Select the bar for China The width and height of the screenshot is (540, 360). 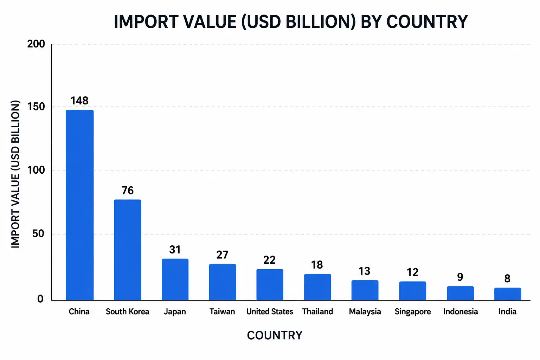[79, 205]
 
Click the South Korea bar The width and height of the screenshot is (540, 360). [128, 250]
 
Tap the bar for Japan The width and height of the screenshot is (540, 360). [175, 279]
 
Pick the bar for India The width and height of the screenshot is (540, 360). [508, 294]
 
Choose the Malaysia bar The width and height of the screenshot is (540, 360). [365, 290]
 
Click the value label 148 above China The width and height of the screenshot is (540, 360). [79, 101]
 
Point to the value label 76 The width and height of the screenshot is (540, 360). [128, 191]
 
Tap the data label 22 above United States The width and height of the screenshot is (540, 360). [269, 260]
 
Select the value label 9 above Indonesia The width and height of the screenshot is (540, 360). [460, 277]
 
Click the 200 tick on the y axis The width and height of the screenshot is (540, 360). [36, 44]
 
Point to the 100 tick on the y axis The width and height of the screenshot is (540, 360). [36, 170]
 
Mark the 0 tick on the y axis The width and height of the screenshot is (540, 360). [40, 299]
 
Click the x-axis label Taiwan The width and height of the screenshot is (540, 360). [222, 311]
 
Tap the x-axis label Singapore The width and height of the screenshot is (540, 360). [413, 312]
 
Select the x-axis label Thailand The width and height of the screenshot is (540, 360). [317, 311]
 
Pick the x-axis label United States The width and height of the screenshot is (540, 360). [270, 311]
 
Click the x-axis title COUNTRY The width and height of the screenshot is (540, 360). [275, 335]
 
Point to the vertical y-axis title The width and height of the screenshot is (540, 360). [15, 174]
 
